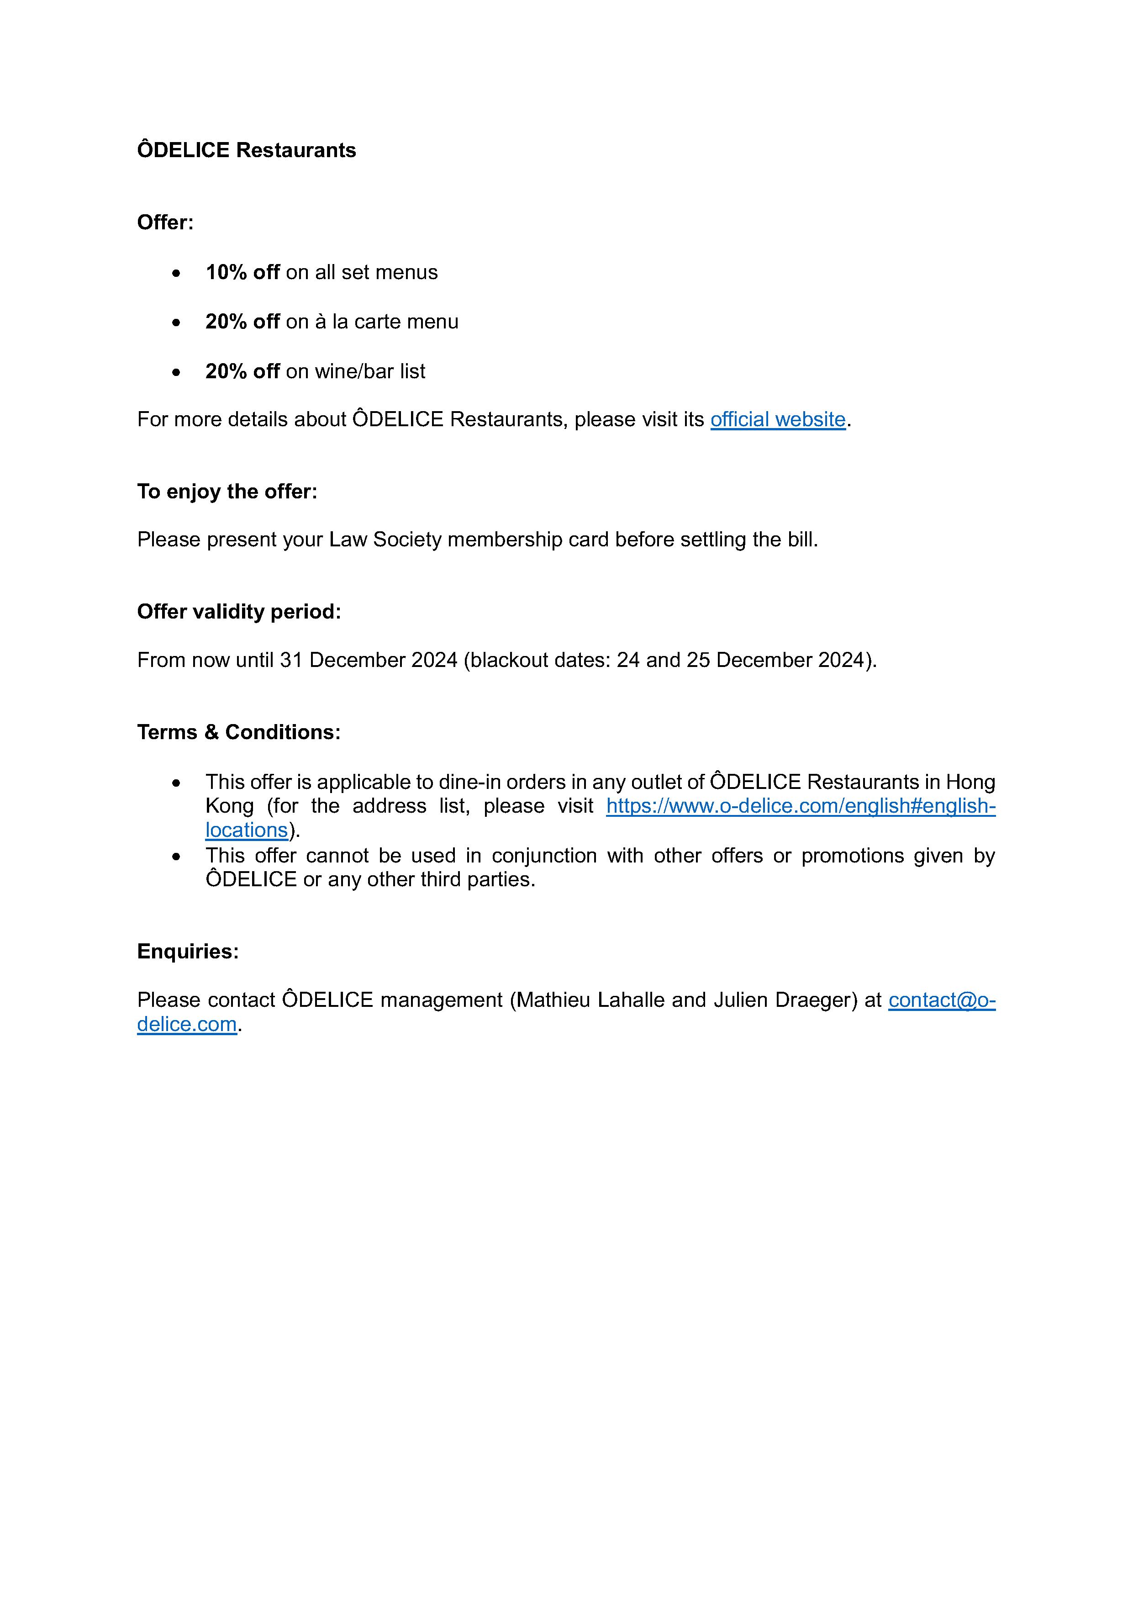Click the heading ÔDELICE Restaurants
247,150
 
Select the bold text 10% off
242,272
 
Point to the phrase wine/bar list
370,371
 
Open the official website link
778,420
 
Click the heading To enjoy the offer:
227,492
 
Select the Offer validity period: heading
239,612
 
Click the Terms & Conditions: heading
239,732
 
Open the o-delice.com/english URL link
800,806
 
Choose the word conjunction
544,856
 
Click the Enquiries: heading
188,952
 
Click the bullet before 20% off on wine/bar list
176,372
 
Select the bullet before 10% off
176,273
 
